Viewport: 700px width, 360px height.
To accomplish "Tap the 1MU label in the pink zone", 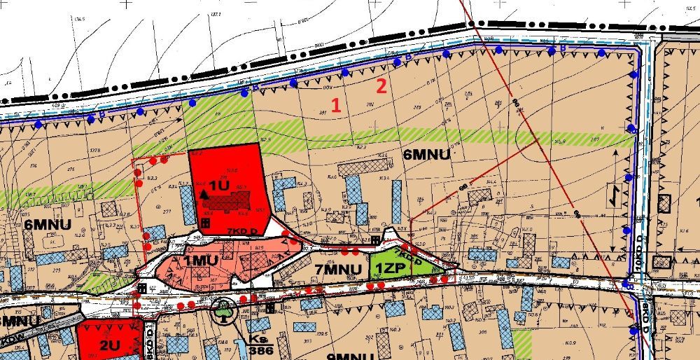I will [202, 261].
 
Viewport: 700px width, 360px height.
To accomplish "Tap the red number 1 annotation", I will [336, 106].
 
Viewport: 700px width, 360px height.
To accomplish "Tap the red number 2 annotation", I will [381, 87].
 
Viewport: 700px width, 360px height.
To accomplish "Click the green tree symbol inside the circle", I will [224, 309].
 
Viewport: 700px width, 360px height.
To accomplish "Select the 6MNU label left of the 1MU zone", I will [44, 224].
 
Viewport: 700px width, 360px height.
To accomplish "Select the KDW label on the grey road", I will [8, 340].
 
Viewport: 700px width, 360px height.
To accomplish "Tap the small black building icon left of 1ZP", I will [377, 240].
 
